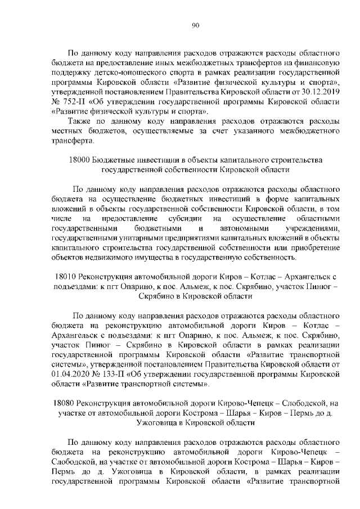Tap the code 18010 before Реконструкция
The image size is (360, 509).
click(x=66, y=277)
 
